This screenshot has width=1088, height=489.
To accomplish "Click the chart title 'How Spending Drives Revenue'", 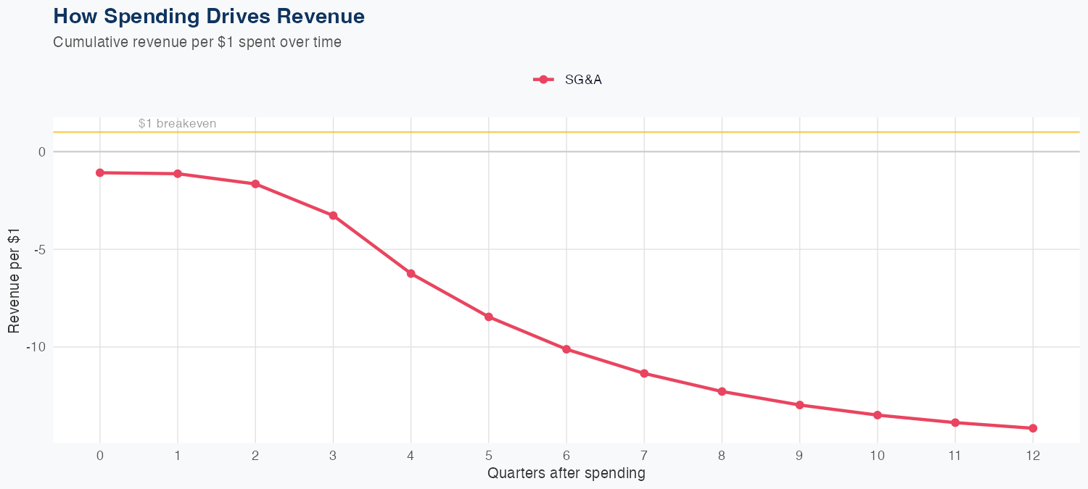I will pyautogui.click(x=209, y=16).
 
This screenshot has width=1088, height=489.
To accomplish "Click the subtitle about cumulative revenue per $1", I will pyautogui.click(x=197, y=42).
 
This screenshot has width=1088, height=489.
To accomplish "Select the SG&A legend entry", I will pyautogui.click(x=568, y=80).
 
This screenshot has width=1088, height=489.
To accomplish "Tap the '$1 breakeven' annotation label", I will pyautogui.click(x=177, y=124).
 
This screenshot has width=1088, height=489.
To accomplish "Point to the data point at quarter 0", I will pyautogui.click(x=100, y=172).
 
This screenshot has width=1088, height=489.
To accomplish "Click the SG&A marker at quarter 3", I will pyautogui.click(x=333, y=215).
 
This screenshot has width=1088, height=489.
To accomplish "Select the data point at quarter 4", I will pyautogui.click(x=411, y=273).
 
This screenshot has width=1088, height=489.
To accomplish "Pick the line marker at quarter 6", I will pyautogui.click(x=566, y=349).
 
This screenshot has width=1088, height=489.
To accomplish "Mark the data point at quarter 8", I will pyautogui.click(x=722, y=391).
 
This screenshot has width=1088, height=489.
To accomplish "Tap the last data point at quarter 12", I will pyautogui.click(x=1033, y=428).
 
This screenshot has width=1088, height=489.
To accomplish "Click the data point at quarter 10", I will pyautogui.click(x=878, y=415).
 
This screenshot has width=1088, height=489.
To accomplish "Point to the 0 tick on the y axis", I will pyautogui.click(x=42, y=151).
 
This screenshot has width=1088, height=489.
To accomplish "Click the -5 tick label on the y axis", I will pyautogui.click(x=40, y=249).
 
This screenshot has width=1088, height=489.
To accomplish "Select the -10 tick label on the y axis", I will pyautogui.click(x=37, y=347).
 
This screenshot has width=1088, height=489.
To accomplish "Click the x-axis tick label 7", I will pyautogui.click(x=644, y=456).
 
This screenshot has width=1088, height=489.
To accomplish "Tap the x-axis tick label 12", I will pyautogui.click(x=1033, y=456).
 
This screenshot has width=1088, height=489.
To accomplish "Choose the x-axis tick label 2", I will pyautogui.click(x=255, y=456).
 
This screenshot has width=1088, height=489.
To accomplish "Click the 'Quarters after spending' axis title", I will pyautogui.click(x=566, y=474).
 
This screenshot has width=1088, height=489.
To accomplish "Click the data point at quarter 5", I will pyautogui.click(x=489, y=317).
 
